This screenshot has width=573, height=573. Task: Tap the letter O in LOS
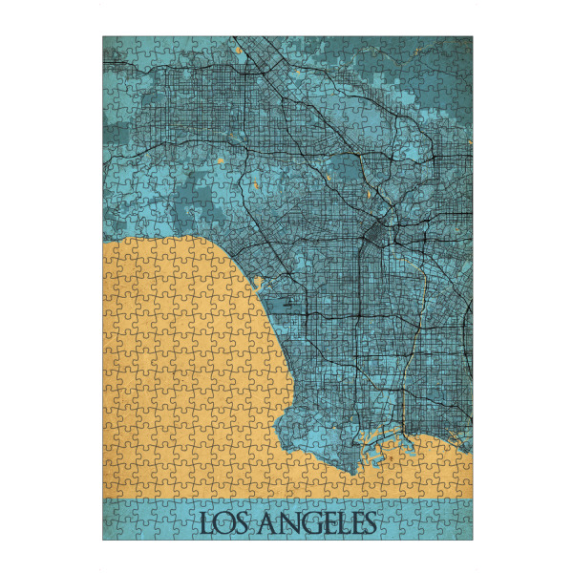click(x=222, y=523)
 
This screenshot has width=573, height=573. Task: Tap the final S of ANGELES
click(x=368, y=523)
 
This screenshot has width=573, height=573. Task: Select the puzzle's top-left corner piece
click(x=111, y=45)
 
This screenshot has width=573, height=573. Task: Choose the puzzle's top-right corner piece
click(x=463, y=45)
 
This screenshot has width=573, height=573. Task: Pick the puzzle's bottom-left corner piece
click(x=111, y=531)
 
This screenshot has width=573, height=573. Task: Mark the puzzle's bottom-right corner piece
click(x=463, y=531)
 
